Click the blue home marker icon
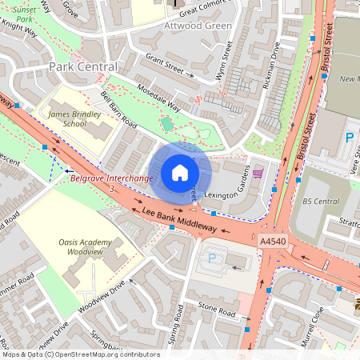[180, 173]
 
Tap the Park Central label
[83, 66]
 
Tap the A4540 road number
[273, 239]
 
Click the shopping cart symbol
[257, 173]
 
